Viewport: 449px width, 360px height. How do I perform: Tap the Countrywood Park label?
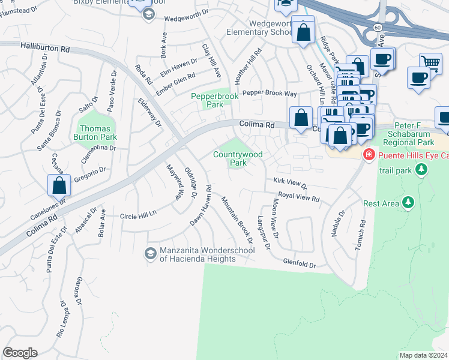[238, 158]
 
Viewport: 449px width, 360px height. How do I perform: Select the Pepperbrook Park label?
[206, 100]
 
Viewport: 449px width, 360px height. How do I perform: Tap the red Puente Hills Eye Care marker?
[368, 155]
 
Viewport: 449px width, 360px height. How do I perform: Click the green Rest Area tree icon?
[408, 203]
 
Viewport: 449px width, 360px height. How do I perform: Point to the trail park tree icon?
[421, 170]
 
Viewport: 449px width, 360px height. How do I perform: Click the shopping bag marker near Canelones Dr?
[59, 185]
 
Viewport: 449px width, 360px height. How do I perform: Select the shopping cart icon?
[430, 62]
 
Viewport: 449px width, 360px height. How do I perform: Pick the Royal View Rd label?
[298, 197]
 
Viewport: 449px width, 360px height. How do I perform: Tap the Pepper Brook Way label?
[270, 94]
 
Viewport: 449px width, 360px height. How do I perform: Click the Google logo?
[20, 352]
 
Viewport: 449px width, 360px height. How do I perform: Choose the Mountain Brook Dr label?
[235, 218]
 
